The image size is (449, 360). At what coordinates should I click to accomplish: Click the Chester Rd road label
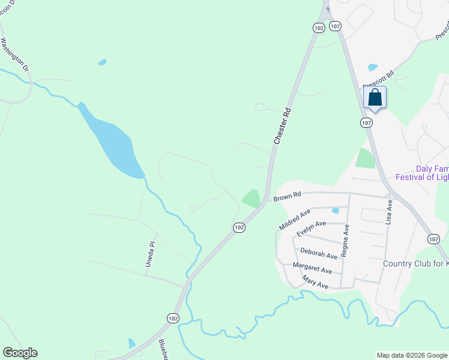click(x=282, y=125)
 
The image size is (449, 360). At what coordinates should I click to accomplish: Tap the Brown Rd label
click(x=286, y=197)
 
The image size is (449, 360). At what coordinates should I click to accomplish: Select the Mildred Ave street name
click(x=295, y=220)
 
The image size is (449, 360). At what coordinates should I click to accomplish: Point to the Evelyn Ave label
click(x=312, y=227)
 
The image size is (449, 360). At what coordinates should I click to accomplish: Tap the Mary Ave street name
click(x=315, y=283)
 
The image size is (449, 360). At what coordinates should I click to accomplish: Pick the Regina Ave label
click(x=345, y=241)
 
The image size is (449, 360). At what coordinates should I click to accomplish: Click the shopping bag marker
click(x=375, y=98)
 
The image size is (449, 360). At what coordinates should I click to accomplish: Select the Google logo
click(x=20, y=353)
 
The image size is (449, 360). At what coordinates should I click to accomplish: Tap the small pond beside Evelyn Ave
click(x=335, y=211)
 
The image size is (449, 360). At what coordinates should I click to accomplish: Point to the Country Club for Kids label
click(x=415, y=263)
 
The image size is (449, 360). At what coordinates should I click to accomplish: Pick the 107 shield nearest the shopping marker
click(x=366, y=122)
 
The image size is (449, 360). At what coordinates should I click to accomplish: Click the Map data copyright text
click(x=412, y=355)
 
